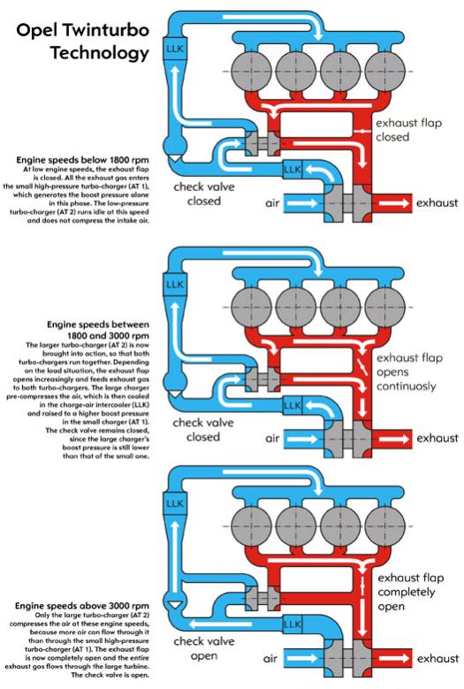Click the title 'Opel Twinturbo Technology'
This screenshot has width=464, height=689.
coord(83,42)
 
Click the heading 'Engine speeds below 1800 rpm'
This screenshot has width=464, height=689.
coord(82,159)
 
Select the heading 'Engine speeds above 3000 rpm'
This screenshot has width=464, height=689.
coord(82,606)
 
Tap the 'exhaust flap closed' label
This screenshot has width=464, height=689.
coord(408,130)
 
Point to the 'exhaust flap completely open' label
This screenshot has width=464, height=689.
coord(411,592)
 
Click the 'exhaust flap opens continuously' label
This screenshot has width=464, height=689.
coord(409,371)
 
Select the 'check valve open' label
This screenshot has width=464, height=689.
coord(204,648)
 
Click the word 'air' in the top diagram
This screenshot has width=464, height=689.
coord(272,203)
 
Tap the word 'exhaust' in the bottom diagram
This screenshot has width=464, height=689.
coord(437,658)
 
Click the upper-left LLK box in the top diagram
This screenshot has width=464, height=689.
coord(175,48)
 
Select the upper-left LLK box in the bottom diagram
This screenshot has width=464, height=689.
coord(175,503)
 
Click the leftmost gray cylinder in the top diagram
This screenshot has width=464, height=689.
coord(251,71)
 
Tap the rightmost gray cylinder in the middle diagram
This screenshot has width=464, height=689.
coord(385,307)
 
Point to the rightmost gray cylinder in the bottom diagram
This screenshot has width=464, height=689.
coord(385,526)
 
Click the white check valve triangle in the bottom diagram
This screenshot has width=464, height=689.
coord(175,605)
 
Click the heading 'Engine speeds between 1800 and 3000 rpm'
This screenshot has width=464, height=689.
coord(98,330)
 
